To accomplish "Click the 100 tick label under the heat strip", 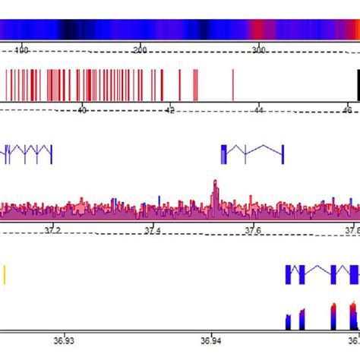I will pyautogui.click(x=22, y=49).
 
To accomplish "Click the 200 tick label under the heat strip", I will pyautogui.click(x=140, y=49).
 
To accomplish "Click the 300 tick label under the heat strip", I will pyautogui.click(x=258, y=49).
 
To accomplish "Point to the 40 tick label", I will pyautogui.click(x=82, y=110).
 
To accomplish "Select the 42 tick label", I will pyautogui.click(x=170, y=110).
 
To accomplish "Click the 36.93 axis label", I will pyautogui.click(x=64, y=341).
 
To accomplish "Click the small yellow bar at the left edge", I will pyautogui.click(x=4, y=273).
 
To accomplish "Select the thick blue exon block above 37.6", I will pyautogui.click(x=223, y=154).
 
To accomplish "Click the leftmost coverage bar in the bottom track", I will pyautogui.click(x=288, y=322).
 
